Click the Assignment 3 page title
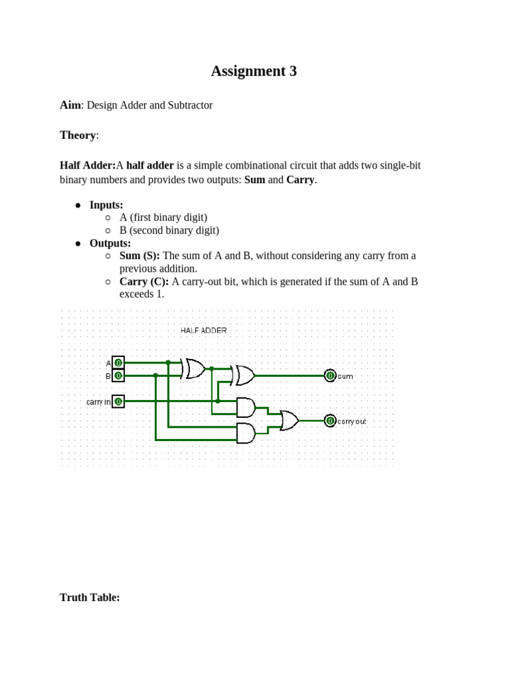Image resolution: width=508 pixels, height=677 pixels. pyautogui.click(x=253, y=71)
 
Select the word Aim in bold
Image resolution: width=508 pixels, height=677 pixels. pyautogui.click(x=69, y=105)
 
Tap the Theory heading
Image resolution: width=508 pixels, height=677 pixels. pyautogui.click(x=78, y=135)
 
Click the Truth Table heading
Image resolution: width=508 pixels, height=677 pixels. pyautogui.click(x=89, y=597)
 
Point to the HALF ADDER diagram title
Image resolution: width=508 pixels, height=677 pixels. pyautogui.click(x=203, y=330)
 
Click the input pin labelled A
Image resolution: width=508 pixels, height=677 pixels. pyautogui.click(x=118, y=362)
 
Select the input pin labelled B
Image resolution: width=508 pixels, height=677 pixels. pyautogui.click(x=118, y=376)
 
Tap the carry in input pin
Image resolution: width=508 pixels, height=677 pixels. pyautogui.click(x=118, y=401)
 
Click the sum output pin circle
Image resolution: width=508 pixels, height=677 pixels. pyautogui.click(x=330, y=376)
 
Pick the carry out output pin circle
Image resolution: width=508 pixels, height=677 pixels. pyautogui.click(x=330, y=420)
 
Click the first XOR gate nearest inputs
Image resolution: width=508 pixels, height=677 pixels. pyautogui.click(x=195, y=368)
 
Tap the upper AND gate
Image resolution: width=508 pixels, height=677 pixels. pyautogui.click(x=245, y=407)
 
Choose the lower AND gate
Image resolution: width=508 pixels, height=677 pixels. pyautogui.click(x=245, y=433)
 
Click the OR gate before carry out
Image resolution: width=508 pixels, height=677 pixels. pyautogui.click(x=289, y=420)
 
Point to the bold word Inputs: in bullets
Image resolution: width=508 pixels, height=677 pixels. pyautogui.click(x=106, y=205)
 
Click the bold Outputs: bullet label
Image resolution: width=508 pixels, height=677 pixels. pyautogui.click(x=110, y=243)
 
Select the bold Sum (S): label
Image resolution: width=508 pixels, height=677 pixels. pyautogui.click(x=140, y=256)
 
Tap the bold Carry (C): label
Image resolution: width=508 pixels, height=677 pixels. pyautogui.click(x=144, y=282)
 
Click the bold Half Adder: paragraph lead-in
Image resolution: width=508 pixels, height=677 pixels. pyautogui.click(x=87, y=165)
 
